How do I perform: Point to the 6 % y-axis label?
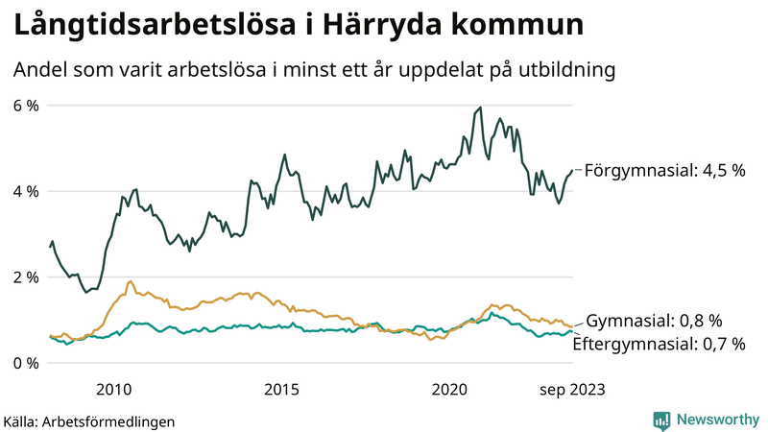click(26, 106)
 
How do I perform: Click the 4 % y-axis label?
click(26, 191)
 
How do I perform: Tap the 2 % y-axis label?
click(26, 277)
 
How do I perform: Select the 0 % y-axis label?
click(26, 363)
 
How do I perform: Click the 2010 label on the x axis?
click(114, 389)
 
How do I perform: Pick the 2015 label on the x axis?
click(282, 389)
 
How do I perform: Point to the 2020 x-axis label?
click(450, 389)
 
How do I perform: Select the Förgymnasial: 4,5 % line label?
click(665, 171)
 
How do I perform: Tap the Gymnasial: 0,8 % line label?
click(654, 321)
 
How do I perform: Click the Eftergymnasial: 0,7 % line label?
click(659, 343)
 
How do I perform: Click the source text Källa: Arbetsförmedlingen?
click(89, 420)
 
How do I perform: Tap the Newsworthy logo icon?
click(661, 420)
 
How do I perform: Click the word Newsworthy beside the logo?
click(716, 420)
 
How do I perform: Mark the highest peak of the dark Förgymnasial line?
click(480, 108)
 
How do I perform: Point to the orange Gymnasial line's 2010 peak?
click(131, 281)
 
